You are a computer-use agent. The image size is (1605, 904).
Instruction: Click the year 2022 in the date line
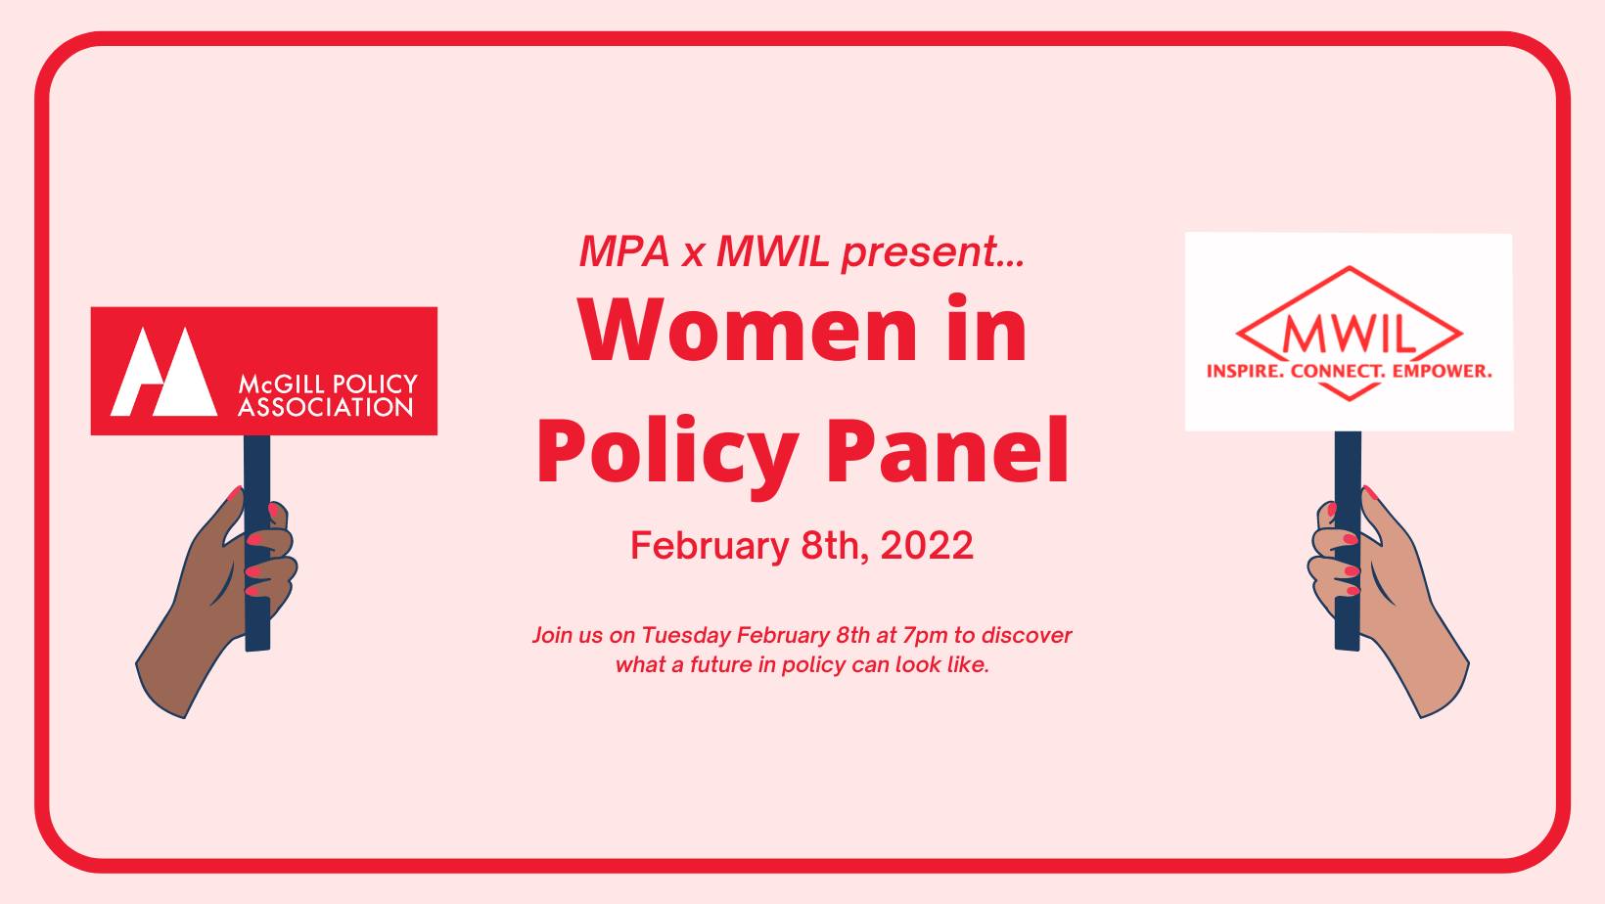click(x=927, y=545)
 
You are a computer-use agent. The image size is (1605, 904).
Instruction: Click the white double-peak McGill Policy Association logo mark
click(x=163, y=372)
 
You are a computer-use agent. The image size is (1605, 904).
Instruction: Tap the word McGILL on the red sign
click(x=280, y=384)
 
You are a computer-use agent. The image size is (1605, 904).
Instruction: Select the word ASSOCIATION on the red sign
click(x=326, y=408)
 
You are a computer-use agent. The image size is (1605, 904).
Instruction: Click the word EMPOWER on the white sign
click(x=1442, y=372)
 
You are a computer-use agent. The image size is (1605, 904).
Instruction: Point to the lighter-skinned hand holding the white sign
click(x=1390, y=607)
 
